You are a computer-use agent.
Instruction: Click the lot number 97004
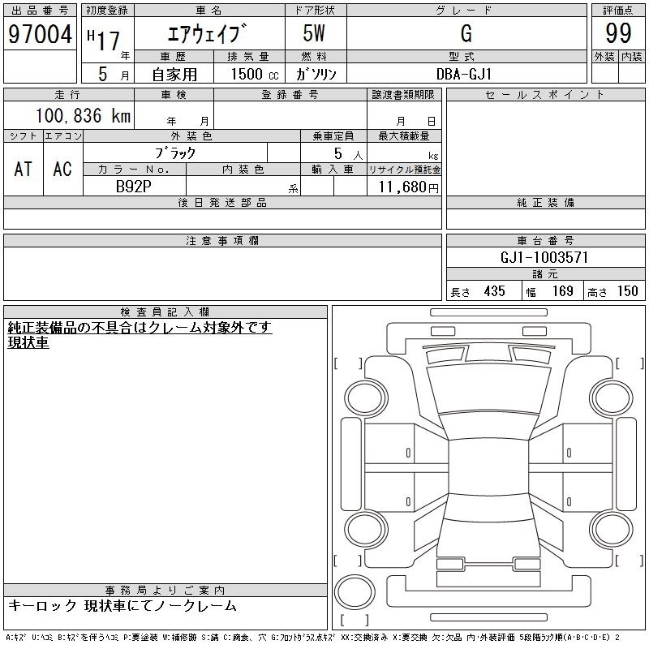coord(40,34)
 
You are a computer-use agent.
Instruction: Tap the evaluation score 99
coord(618,33)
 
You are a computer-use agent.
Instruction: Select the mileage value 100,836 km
coord(83,115)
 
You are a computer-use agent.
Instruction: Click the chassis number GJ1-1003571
coord(544,257)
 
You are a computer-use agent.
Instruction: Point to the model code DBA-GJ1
coord(464,74)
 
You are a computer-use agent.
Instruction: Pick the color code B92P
coord(133,187)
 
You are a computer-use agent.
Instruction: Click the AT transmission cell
coord(24,169)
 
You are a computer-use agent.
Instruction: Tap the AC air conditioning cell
coord(62,169)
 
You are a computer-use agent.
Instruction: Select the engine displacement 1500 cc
coord(255,74)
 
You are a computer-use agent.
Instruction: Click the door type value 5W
coord(314,33)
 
